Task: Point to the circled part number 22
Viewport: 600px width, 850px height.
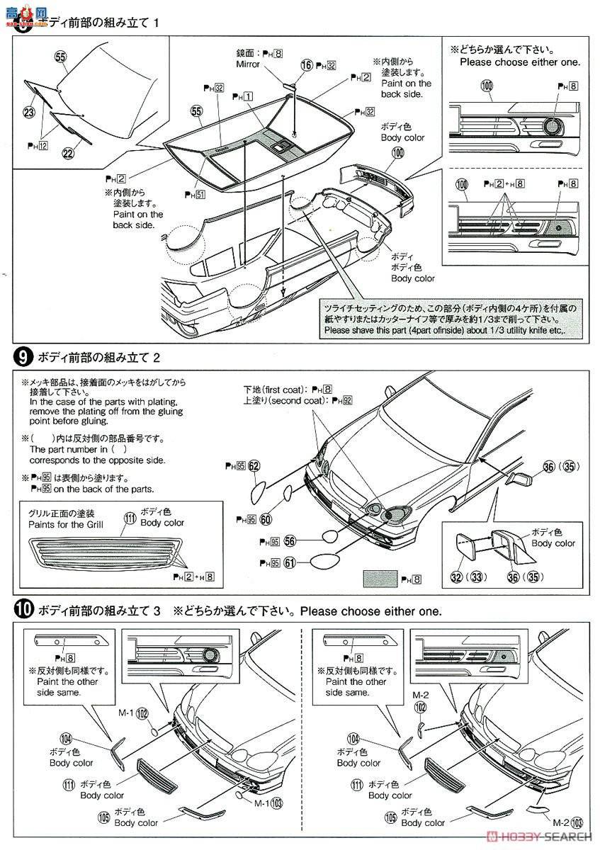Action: click(x=68, y=153)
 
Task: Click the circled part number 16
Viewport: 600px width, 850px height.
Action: click(x=306, y=64)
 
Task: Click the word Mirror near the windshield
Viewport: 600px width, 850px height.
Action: click(x=248, y=64)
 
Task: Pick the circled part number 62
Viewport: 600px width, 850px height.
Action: click(x=254, y=465)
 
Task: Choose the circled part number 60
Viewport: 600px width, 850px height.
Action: click(x=266, y=519)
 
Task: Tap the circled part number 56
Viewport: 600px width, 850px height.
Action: click(x=290, y=540)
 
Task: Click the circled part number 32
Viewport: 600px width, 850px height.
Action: click(x=456, y=578)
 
